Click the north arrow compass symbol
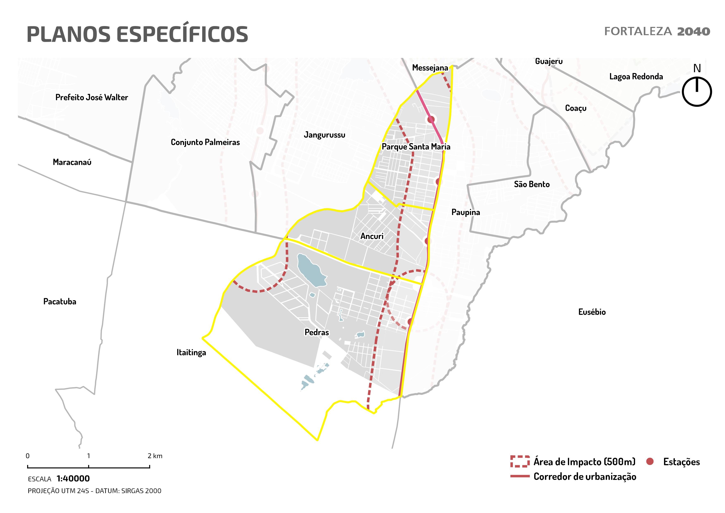tap(697, 92)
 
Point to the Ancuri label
tap(372, 236)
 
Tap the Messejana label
tap(430, 68)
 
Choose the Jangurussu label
tap(324, 135)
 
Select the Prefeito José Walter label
tap(92, 97)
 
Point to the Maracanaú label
tap(72, 162)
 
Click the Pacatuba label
tap(60, 301)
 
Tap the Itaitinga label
tap(191, 352)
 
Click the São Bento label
tap(532, 184)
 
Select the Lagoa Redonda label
tap(636, 77)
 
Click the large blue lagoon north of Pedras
tap(311, 270)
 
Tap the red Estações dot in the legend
tap(650, 461)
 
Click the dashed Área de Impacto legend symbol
tap(520, 461)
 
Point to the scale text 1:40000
tap(73, 479)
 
